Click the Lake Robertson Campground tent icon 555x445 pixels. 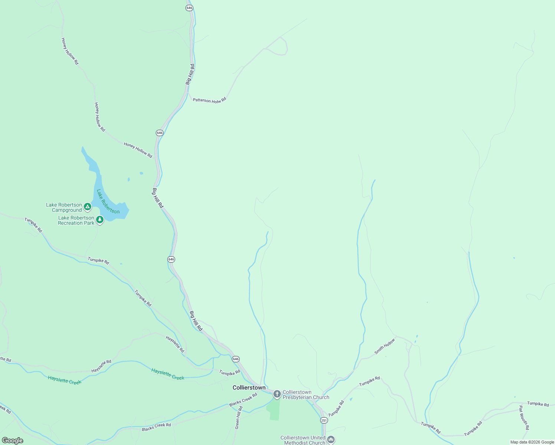point(88,207)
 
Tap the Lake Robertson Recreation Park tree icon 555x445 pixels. point(99,220)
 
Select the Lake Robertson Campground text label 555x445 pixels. point(64,207)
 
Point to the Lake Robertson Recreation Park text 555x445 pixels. point(76,220)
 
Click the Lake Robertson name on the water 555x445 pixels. point(108,202)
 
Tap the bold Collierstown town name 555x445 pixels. point(249,388)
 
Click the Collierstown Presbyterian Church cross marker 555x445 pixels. point(277,394)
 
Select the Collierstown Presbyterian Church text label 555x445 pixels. point(306,395)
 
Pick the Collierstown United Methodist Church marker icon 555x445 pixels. point(331,440)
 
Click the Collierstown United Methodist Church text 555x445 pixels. point(303,440)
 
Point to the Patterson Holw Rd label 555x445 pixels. point(209,100)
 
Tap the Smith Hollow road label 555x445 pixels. point(385,346)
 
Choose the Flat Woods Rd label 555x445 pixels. point(523,418)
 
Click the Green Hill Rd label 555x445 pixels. point(239,418)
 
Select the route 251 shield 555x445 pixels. point(324,420)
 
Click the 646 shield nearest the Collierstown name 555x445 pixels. point(236,359)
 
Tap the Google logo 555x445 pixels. point(12,441)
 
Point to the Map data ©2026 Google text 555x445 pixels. point(532,442)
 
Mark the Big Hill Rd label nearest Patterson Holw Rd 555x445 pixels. point(190,74)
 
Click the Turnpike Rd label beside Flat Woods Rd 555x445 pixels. point(538,404)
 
